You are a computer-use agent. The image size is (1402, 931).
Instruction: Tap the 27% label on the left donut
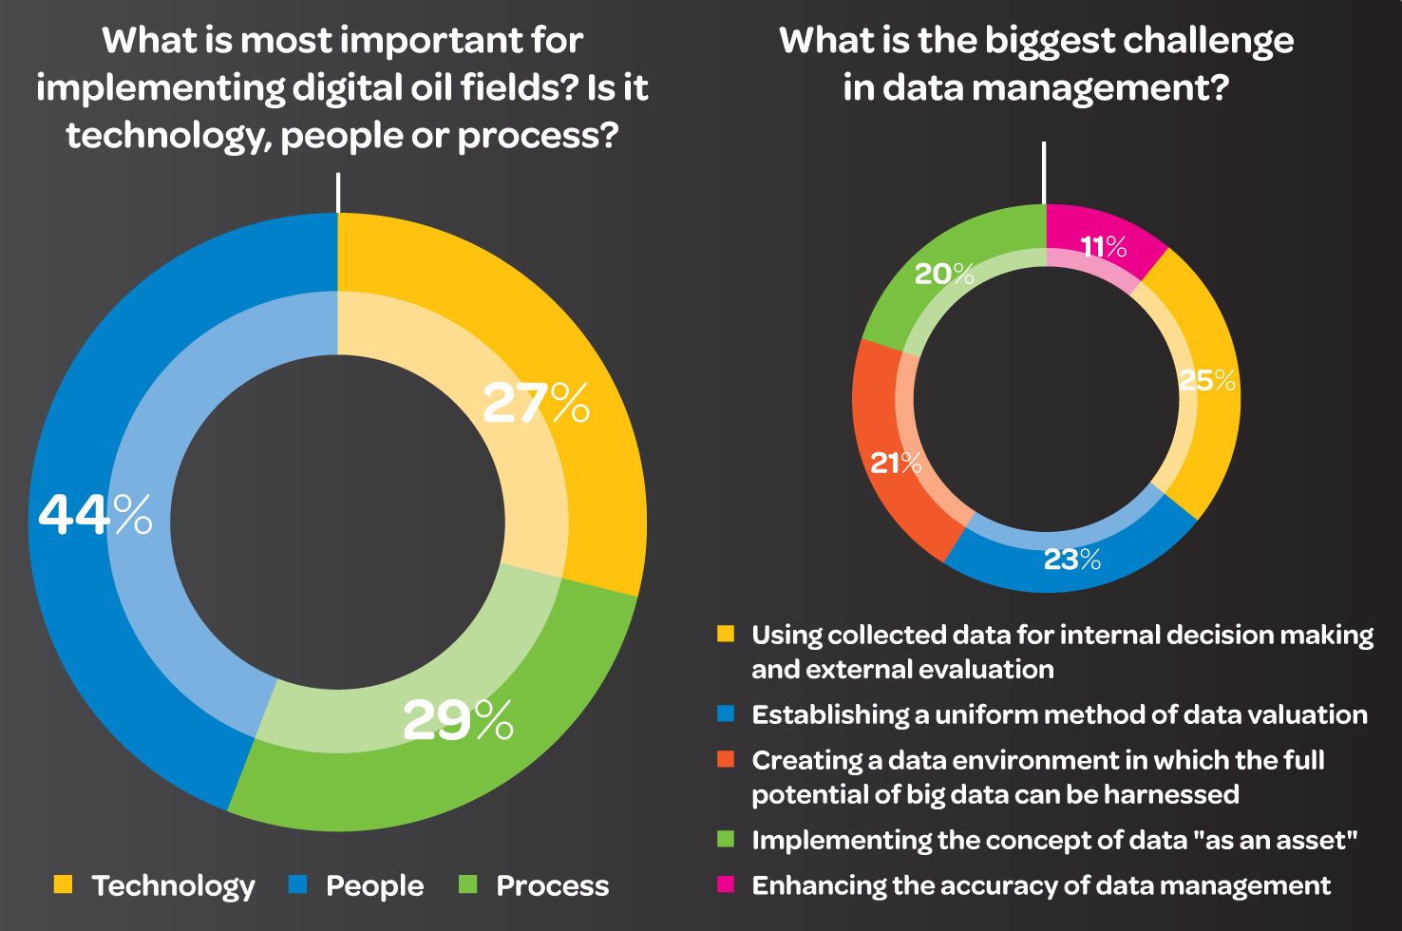pyautogui.click(x=536, y=403)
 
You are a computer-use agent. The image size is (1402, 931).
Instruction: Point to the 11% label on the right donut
pyautogui.click(x=1104, y=247)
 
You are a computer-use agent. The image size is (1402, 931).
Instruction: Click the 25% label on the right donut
pyautogui.click(x=1207, y=380)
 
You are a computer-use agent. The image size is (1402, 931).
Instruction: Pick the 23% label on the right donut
pyautogui.click(x=1072, y=560)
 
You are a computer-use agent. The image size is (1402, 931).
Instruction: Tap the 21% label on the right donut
pyautogui.click(x=896, y=463)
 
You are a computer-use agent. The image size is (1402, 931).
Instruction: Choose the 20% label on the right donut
pyautogui.click(x=944, y=274)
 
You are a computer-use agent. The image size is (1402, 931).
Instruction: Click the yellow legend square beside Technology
pyautogui.click(x=63, y=884)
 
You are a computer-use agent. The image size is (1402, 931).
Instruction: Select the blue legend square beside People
pyautogui.click(x=297, y=884)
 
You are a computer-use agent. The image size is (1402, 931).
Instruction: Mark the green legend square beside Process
pyautogui.click(x=467, y=884)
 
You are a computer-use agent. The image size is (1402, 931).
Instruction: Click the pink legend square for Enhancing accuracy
pyautogui.click(x=726, y=884)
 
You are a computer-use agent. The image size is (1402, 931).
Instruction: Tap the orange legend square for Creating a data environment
pyautogui.click(x=726, y=759)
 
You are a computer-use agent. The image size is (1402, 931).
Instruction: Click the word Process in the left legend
pyautogui.click(x=553, y=885)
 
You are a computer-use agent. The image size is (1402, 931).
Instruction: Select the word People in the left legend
pyautogui.click(x=374, y=885)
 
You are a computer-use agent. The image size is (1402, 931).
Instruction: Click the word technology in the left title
pyautogui.click(x=167, y=137)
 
